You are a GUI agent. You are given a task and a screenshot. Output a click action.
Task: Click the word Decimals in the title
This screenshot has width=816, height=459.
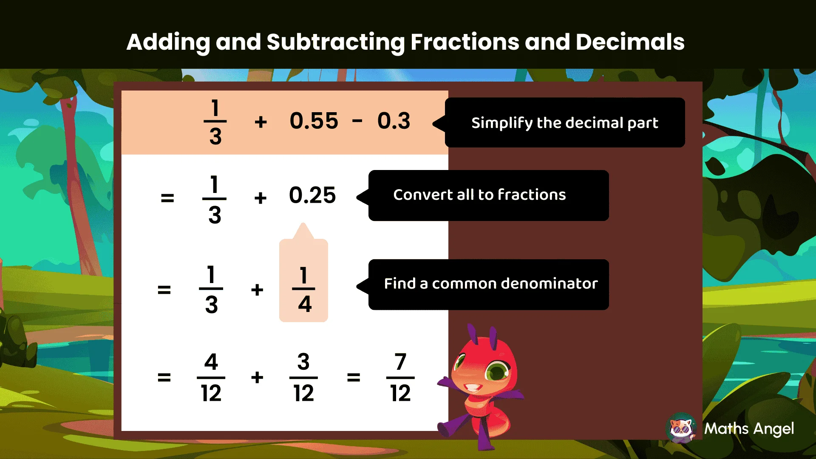[x=630, y=42]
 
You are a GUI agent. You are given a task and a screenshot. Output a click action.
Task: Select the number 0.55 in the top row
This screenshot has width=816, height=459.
[x=314, y=121]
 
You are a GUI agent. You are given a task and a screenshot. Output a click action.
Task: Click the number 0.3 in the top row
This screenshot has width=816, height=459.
[x=394, y=121]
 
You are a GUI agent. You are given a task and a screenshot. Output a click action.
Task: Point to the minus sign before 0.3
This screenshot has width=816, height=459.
[x=357, y=121]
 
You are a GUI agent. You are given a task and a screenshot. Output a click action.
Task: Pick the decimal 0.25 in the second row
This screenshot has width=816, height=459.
[x=312, y=195]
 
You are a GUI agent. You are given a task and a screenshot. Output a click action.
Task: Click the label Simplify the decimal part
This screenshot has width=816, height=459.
[x=564, y=123]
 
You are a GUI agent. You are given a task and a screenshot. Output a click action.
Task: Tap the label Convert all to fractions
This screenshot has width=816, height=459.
[x=479, y=195]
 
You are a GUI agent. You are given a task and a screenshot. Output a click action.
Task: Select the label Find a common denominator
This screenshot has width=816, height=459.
[x=490, y=283]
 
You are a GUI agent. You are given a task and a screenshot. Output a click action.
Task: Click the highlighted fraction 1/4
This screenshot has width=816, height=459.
[x=303, y=289]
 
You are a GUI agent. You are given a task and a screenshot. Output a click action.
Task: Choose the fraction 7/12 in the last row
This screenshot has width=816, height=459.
[x=400, y=377]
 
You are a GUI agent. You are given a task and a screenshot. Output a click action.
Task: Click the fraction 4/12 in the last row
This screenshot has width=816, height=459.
[x=211, y=377]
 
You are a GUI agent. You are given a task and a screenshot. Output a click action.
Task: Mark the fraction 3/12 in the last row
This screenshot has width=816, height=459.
[x=303, y=377]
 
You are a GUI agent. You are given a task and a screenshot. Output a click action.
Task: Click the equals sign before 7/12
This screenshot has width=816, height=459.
[x=354, y=377]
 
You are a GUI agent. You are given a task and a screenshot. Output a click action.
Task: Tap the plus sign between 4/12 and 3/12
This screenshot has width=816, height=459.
[x=257, y=377]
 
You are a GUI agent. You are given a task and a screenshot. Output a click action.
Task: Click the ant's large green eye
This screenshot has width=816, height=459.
[x=497, y=371]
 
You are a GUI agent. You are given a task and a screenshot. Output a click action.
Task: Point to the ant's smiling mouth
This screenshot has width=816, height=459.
[x=472, y=388]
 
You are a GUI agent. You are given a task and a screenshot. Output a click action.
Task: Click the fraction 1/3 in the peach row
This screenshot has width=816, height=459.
[x=215, y=122]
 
